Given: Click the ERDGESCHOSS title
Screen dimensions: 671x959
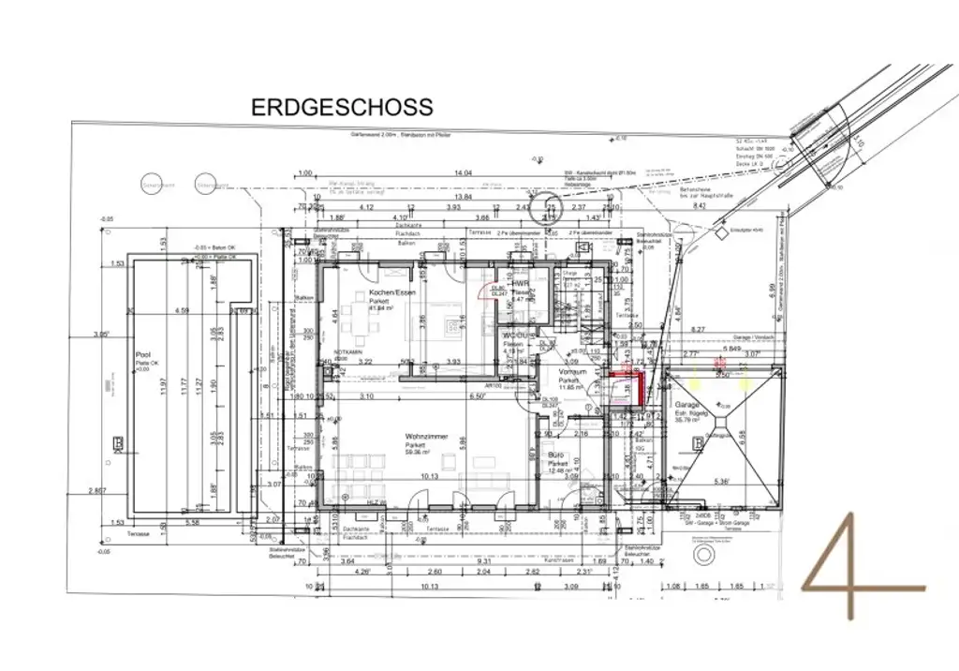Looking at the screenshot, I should pyautogui.click(x=342, y=108).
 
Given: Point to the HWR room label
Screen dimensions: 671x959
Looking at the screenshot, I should pyautogui.click(x=521, y=284).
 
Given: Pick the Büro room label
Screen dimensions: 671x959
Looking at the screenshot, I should pyautogui.click(x=558, y=456).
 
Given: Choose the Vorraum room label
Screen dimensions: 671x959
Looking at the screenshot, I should pyautogui.click(x=571, y=372).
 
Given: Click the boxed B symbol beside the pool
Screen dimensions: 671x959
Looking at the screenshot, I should pyautogui.click(x=118, y=443).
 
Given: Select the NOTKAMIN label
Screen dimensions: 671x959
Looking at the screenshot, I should pyautogui.click(x=348, y=352).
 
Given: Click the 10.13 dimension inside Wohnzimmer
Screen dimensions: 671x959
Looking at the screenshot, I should pyautogui.click(x=430, y=476).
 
